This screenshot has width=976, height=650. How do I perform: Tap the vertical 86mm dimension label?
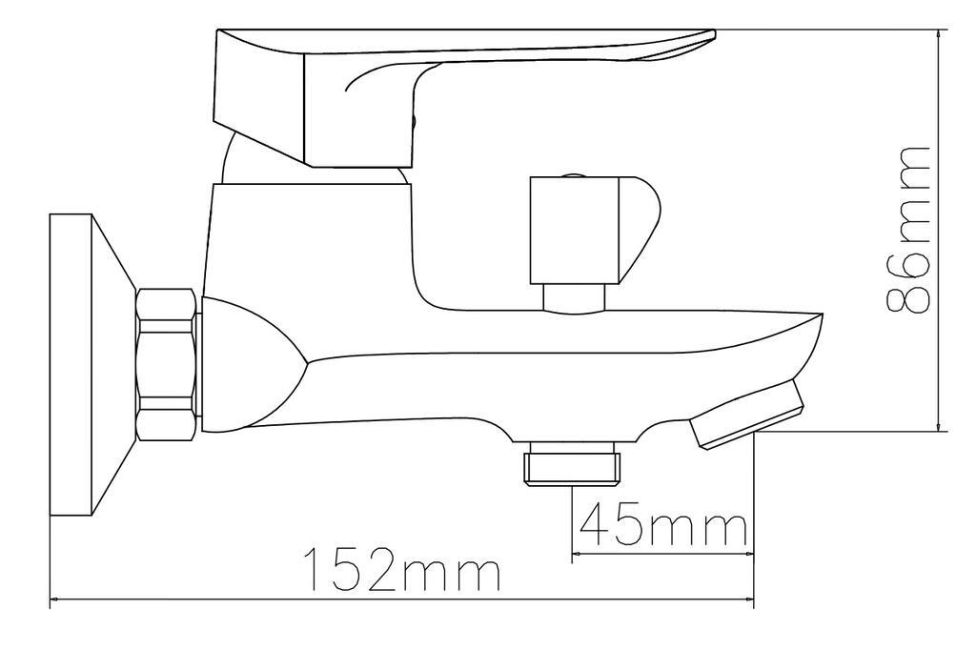tap(907, 230)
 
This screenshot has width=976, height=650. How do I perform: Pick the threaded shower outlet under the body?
tap(572, 462)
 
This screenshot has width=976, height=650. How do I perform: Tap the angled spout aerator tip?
tap(745, 414)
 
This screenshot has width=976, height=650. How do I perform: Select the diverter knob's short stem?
tap(573, 297)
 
